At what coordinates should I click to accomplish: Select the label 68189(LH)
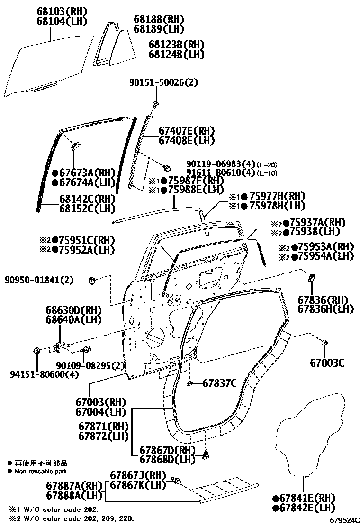coord(158,29)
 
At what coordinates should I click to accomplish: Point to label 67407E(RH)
coord(186,131)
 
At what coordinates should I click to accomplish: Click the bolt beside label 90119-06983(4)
coord(167,167)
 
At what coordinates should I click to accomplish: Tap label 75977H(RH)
coord(277,196)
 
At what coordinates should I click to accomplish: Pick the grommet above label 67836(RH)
coord(312,277)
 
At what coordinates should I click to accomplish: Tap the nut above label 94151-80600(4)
coord(36,351)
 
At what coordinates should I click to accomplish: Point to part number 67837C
coord(219,383)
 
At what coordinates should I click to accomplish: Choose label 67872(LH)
coord(103,435)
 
